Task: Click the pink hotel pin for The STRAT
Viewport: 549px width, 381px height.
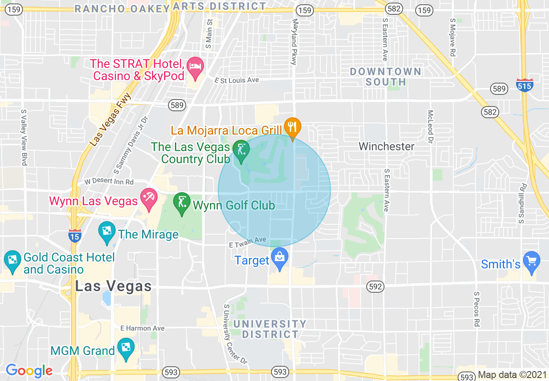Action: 196,68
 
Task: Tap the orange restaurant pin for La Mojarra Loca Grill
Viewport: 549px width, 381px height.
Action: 293,127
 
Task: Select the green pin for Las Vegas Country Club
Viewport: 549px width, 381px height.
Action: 240,150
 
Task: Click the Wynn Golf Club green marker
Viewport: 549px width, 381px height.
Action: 182,203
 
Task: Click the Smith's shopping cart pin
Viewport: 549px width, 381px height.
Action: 532,261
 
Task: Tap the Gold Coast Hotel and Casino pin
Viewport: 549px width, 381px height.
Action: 12,261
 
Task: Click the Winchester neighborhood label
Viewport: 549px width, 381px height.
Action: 387,147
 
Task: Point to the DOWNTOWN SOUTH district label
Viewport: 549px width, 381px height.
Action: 385,77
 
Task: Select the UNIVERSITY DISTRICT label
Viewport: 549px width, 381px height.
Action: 270,329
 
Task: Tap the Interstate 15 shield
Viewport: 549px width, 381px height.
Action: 74,236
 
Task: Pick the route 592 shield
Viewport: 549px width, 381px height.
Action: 375,287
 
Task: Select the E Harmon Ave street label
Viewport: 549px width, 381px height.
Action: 142,328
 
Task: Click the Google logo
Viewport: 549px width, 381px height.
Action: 29,371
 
